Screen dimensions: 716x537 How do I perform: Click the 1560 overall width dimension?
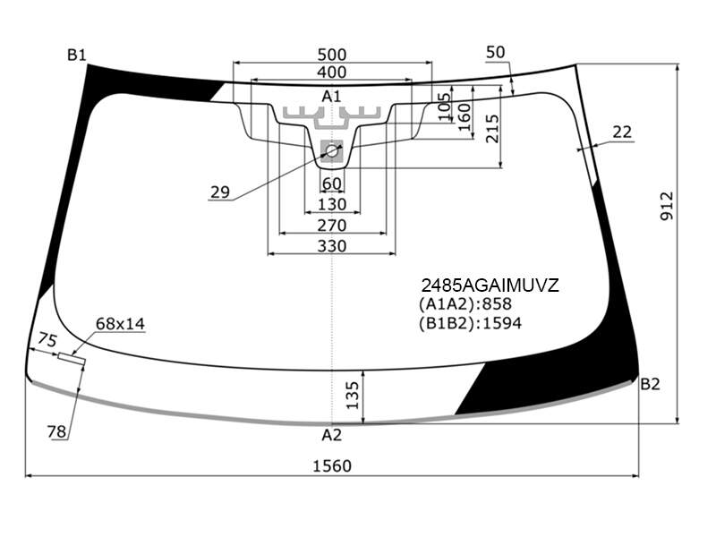332,465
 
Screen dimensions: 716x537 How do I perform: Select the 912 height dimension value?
667,207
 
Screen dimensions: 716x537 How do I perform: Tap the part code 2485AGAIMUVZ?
490,286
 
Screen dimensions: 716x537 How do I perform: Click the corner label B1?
77,55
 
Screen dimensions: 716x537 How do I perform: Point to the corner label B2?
650,384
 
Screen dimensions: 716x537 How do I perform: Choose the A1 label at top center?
331,96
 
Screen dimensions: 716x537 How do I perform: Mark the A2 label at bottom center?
331,435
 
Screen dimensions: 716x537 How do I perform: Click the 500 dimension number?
332,55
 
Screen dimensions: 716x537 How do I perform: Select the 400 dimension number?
332,72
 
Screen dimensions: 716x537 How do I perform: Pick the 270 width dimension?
332,226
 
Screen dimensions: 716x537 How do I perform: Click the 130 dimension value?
332,204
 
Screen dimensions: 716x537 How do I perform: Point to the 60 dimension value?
332,183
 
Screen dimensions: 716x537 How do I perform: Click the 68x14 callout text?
120,324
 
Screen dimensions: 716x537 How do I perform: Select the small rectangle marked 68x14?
72,359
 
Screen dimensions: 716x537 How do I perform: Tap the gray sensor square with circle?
332,150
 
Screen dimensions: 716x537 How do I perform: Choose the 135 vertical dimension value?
353,396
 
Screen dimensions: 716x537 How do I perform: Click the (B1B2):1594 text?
470,323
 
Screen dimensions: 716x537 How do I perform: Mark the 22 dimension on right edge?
622,132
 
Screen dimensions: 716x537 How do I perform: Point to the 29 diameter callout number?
220,192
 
